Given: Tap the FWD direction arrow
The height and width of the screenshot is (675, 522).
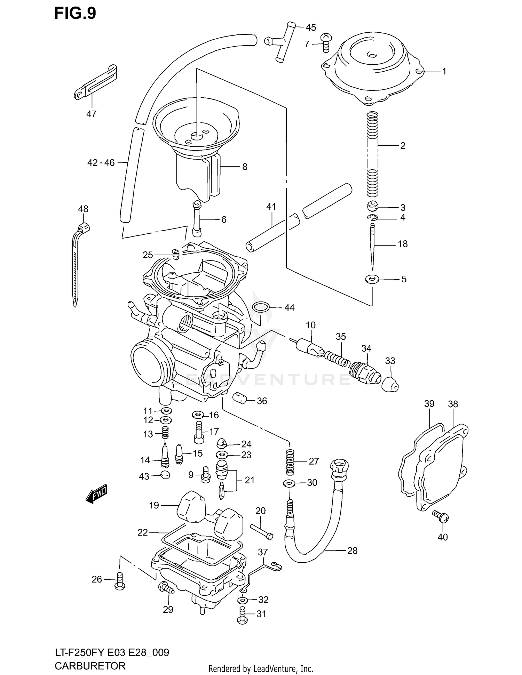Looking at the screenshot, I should click(x=97, y=493).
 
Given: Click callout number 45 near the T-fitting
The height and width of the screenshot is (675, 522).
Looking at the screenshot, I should click(x=310, y=27).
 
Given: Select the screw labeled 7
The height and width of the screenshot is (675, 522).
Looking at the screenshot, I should click(x=326, y=43).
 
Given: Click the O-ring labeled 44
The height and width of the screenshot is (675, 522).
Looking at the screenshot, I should click(x=260, y=307).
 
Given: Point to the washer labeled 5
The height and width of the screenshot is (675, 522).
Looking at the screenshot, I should click(x=372, y=279).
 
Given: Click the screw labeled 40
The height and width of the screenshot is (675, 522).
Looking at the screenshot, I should click(x=441, y=517).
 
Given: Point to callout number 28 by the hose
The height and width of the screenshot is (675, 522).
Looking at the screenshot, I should click(x=352, y=551).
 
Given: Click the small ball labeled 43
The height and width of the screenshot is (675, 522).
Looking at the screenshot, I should click(x=165, y=475).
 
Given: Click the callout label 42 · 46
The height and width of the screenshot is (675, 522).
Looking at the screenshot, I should click(x=101, y=162).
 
